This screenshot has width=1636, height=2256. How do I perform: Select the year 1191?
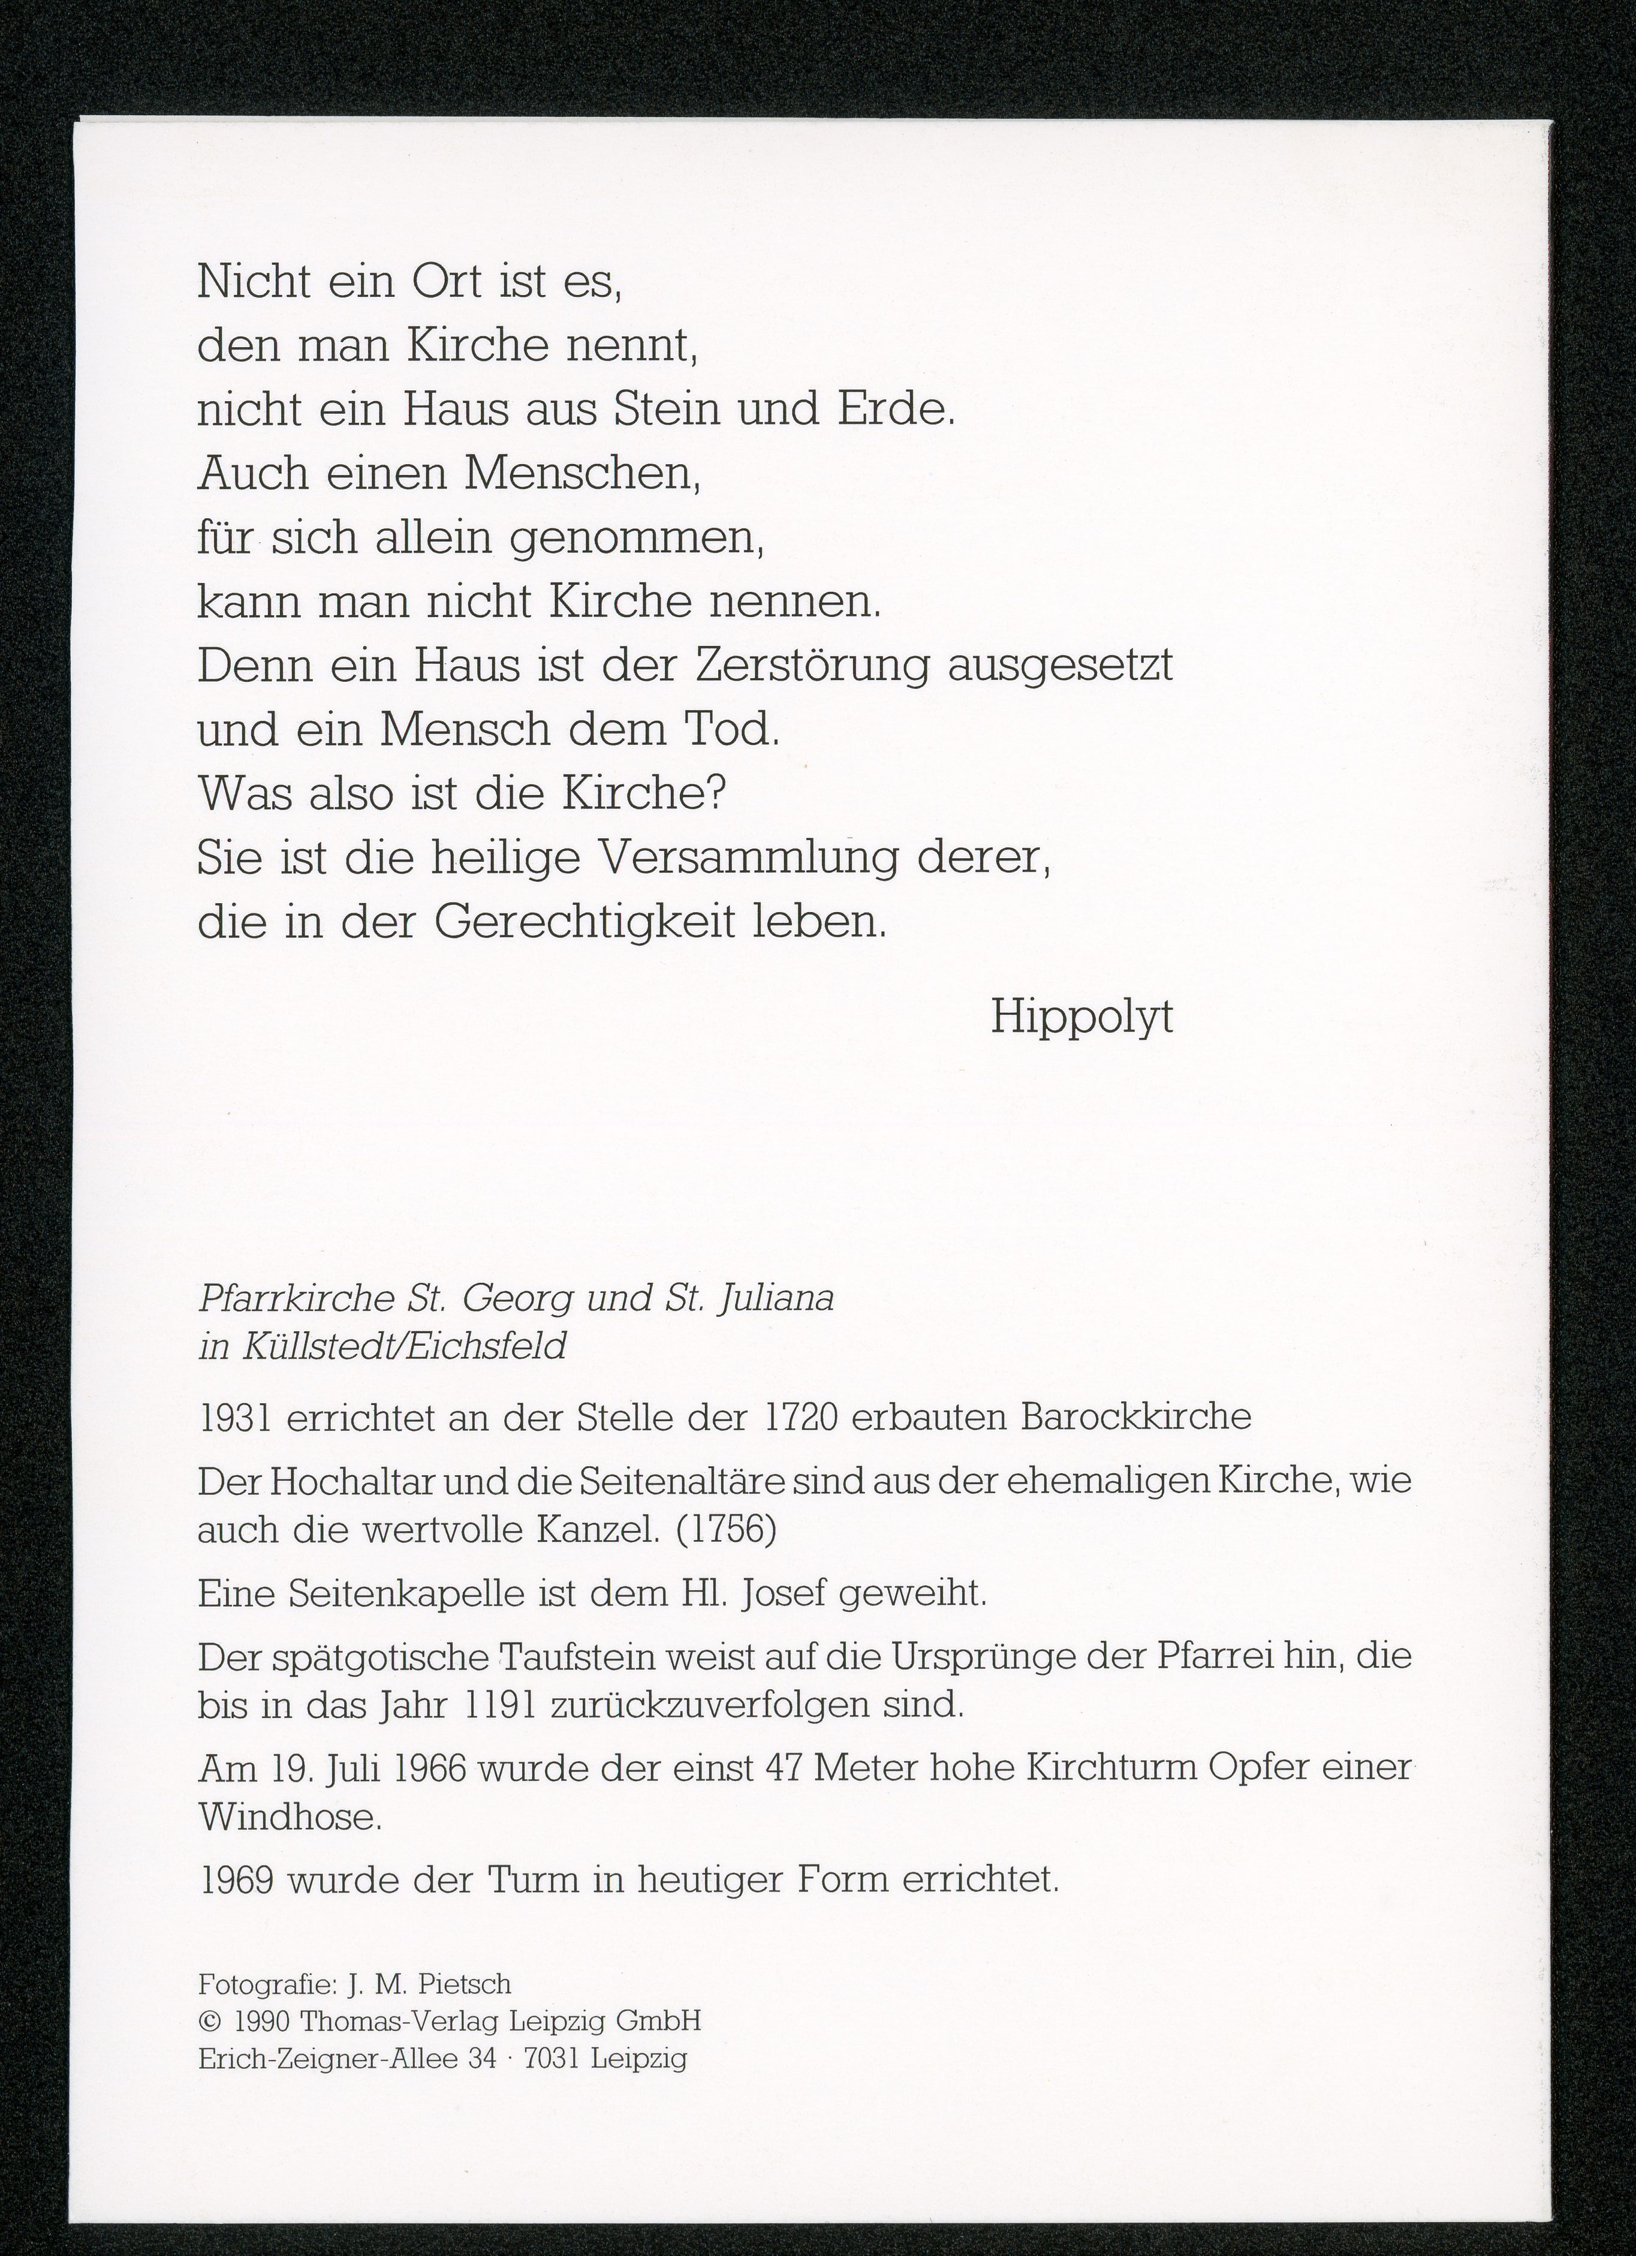502,1706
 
